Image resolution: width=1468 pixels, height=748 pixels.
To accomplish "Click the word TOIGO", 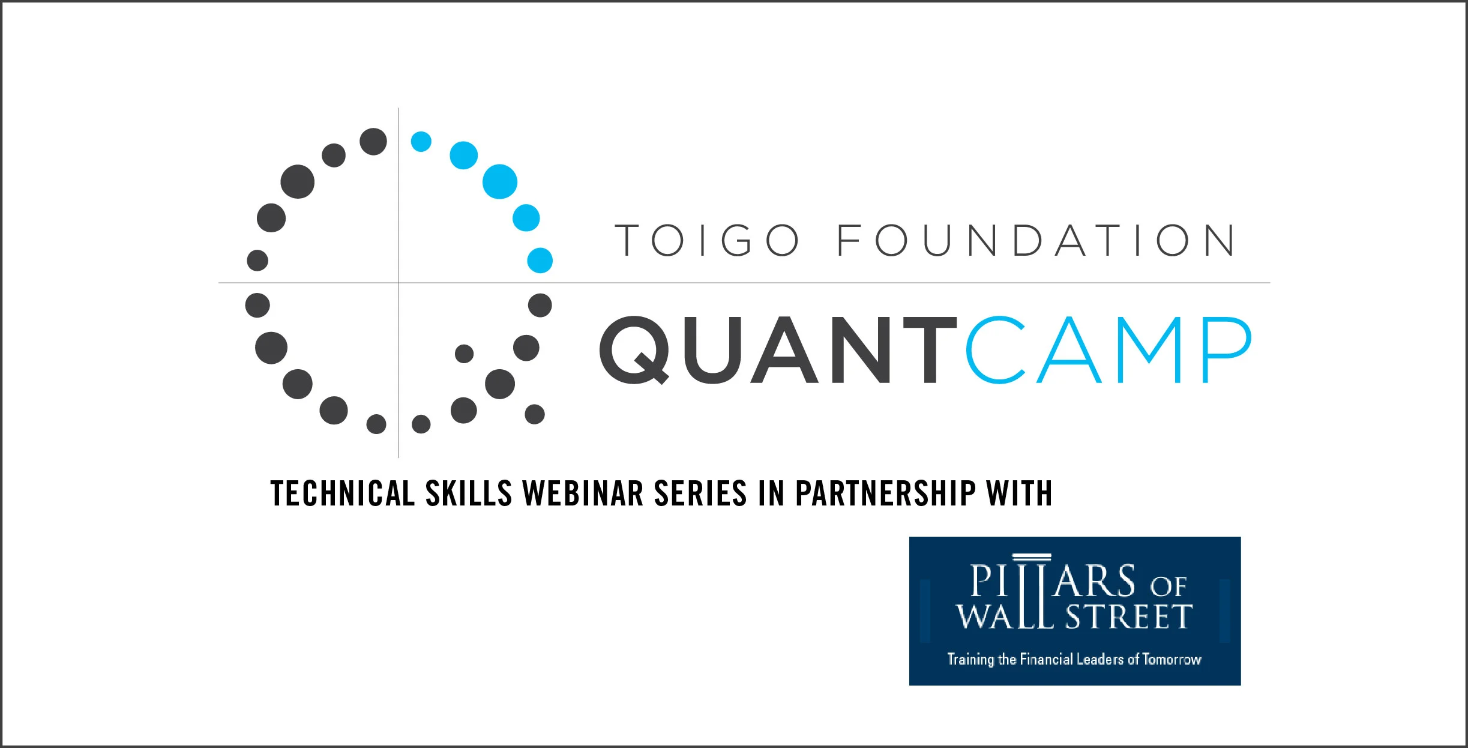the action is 708,240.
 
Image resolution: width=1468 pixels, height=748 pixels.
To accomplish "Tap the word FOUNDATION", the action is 1036,240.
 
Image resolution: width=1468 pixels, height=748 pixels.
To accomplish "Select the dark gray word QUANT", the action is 778,350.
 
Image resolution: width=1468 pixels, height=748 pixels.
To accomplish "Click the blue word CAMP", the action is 1109,349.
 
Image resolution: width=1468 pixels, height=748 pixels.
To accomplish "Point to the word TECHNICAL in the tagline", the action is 343,493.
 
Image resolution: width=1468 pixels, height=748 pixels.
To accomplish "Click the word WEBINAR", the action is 583,493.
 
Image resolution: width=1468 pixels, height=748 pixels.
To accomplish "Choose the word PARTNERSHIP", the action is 885,493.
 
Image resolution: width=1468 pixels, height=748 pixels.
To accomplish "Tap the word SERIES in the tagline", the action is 700,493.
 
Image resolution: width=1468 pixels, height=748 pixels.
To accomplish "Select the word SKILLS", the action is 469,493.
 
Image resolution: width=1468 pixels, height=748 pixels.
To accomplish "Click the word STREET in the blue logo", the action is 1129,617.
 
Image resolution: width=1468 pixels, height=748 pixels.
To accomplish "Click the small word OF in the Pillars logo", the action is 1168,587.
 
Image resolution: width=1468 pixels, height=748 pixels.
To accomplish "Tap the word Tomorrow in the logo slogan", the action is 1172,659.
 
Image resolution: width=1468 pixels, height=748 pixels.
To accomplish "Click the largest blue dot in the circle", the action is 500,181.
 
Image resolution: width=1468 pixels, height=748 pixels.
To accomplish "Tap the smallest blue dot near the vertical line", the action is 421,142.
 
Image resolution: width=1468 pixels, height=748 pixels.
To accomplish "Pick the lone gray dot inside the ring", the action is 464,354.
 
